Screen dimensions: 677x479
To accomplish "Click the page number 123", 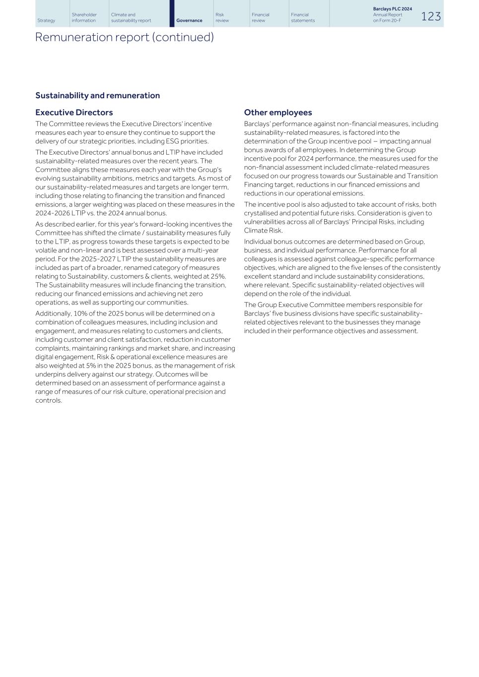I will (x=430, y=16).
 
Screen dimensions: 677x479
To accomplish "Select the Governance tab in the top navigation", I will (x=189, y=20).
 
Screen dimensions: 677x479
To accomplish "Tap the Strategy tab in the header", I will (x=46, y=20).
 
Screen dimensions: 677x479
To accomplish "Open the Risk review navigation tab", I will (x=222, y=18).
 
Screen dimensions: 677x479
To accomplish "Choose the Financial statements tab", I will (x=302, y=18).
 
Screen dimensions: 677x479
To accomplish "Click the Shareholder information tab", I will (x=84, y=18).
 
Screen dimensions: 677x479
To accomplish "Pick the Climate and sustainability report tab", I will (x=131, y=18).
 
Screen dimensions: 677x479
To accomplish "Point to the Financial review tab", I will (x=260, y=18).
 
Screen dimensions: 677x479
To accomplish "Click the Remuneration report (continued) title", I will (x=124, y=37).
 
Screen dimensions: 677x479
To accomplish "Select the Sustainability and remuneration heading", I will (x=97, y=95).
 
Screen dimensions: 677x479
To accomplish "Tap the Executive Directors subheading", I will (x=74, y=113).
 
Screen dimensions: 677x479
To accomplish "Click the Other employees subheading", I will (x=277, y=113).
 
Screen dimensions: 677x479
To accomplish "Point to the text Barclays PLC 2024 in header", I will (x=392, y=9).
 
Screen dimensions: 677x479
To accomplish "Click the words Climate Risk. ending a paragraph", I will (x=263, y=231).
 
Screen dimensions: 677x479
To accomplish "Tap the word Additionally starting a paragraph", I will (x=50, y=313).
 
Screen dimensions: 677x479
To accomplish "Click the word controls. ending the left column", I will (x=49, y=400).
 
